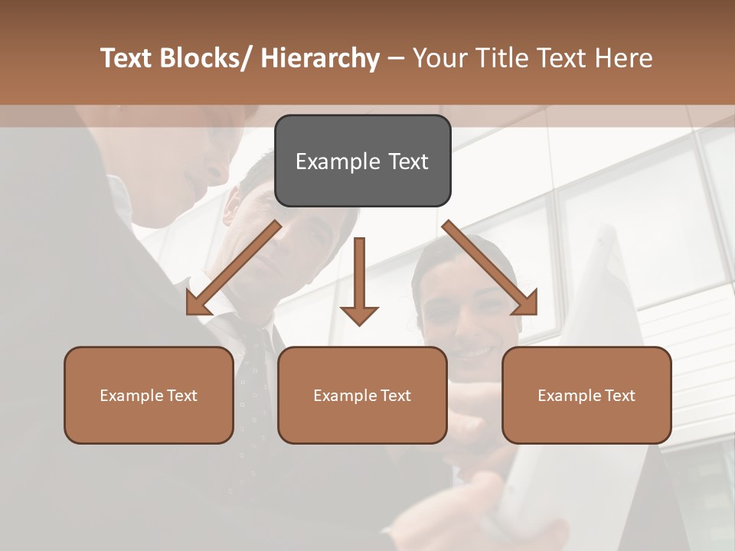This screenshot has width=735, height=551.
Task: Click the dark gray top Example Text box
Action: [x=362, y=161]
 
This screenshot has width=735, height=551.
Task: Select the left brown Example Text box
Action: [x=149, y=395]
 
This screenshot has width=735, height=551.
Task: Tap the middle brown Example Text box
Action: [x=362, y=395]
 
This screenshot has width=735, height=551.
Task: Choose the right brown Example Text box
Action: [x=586, y=395]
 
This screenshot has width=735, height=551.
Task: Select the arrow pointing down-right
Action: [x=490, y=268]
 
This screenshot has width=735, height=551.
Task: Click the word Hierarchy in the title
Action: [x=320, y=58]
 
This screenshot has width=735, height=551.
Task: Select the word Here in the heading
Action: [x=624, y=58]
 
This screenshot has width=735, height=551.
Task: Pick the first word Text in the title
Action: [x=127, y=58]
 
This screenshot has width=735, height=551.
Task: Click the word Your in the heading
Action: [x=440, y=58]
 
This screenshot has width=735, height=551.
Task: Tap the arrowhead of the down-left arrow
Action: [x=198, y=304]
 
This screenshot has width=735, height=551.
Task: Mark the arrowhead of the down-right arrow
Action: [x=525, y=304]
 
